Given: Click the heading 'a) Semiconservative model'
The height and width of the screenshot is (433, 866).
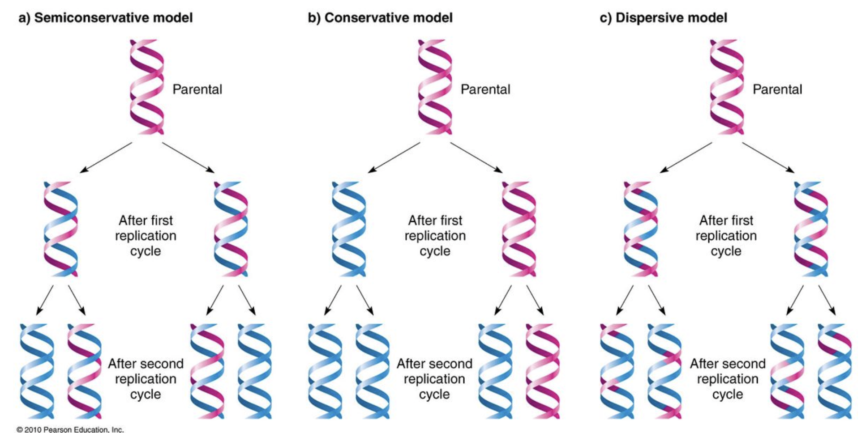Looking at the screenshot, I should [105, 18].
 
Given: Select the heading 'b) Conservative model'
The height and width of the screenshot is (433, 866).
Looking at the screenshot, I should [380, 18].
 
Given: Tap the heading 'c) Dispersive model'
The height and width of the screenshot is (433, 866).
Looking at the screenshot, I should [663, 18].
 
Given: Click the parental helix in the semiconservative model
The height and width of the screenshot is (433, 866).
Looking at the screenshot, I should [147, 87].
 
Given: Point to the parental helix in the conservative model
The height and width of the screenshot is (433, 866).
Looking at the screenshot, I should [435, 87].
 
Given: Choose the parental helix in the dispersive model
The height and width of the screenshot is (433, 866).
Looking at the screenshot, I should [727, 87].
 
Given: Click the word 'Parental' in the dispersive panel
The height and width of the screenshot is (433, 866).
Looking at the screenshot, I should [777, 89].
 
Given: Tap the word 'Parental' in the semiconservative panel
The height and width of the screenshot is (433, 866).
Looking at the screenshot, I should [197, 89].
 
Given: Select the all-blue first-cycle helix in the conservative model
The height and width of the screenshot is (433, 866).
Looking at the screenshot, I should [349, 229].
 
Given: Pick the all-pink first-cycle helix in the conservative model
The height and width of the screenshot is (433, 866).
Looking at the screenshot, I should [519, 229].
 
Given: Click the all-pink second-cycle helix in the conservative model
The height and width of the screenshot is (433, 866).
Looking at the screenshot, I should [543, 371].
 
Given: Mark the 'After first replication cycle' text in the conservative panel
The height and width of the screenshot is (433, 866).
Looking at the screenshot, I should [435, 236].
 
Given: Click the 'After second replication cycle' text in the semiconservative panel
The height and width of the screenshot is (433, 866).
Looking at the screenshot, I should [146, 379].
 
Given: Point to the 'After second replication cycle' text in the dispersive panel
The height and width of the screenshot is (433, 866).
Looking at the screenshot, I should [727, 379].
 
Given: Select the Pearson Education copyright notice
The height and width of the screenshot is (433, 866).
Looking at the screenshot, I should [70, 429].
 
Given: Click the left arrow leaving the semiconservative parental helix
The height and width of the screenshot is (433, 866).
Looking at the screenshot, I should [106, 157].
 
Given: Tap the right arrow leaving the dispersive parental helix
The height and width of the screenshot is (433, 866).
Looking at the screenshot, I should [768, 157].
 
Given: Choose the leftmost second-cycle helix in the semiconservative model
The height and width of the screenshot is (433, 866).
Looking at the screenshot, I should [37, 371].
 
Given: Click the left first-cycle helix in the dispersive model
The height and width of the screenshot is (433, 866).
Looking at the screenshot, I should [641, 229].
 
